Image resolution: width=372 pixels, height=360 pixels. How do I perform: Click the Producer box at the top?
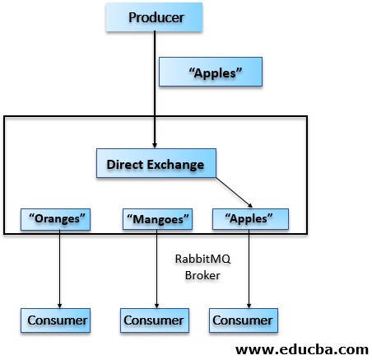point(156,16)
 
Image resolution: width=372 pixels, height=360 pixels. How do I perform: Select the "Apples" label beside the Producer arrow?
point(211,72)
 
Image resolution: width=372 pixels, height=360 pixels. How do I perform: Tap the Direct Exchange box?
point(156,163)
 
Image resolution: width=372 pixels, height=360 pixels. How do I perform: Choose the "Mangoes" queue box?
point(157,219)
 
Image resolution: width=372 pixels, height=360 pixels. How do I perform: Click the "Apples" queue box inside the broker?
point(250,219)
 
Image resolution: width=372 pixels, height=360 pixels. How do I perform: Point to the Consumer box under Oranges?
point(56,319)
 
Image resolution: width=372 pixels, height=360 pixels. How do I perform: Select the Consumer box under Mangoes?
point(155,319)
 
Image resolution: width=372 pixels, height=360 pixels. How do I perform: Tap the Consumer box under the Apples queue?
point(242,319)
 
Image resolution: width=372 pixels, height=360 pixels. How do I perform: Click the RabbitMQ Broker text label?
point(202,267)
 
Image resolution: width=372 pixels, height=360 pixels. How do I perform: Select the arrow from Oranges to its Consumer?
point(59,268)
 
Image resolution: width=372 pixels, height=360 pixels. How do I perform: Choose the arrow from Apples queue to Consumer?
point(248,268)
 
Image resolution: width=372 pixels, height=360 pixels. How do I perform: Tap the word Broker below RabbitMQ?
point(202,275)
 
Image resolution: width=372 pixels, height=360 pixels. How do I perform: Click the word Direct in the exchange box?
point(123,163)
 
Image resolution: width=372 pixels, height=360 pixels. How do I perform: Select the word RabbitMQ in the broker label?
point(202,259)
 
